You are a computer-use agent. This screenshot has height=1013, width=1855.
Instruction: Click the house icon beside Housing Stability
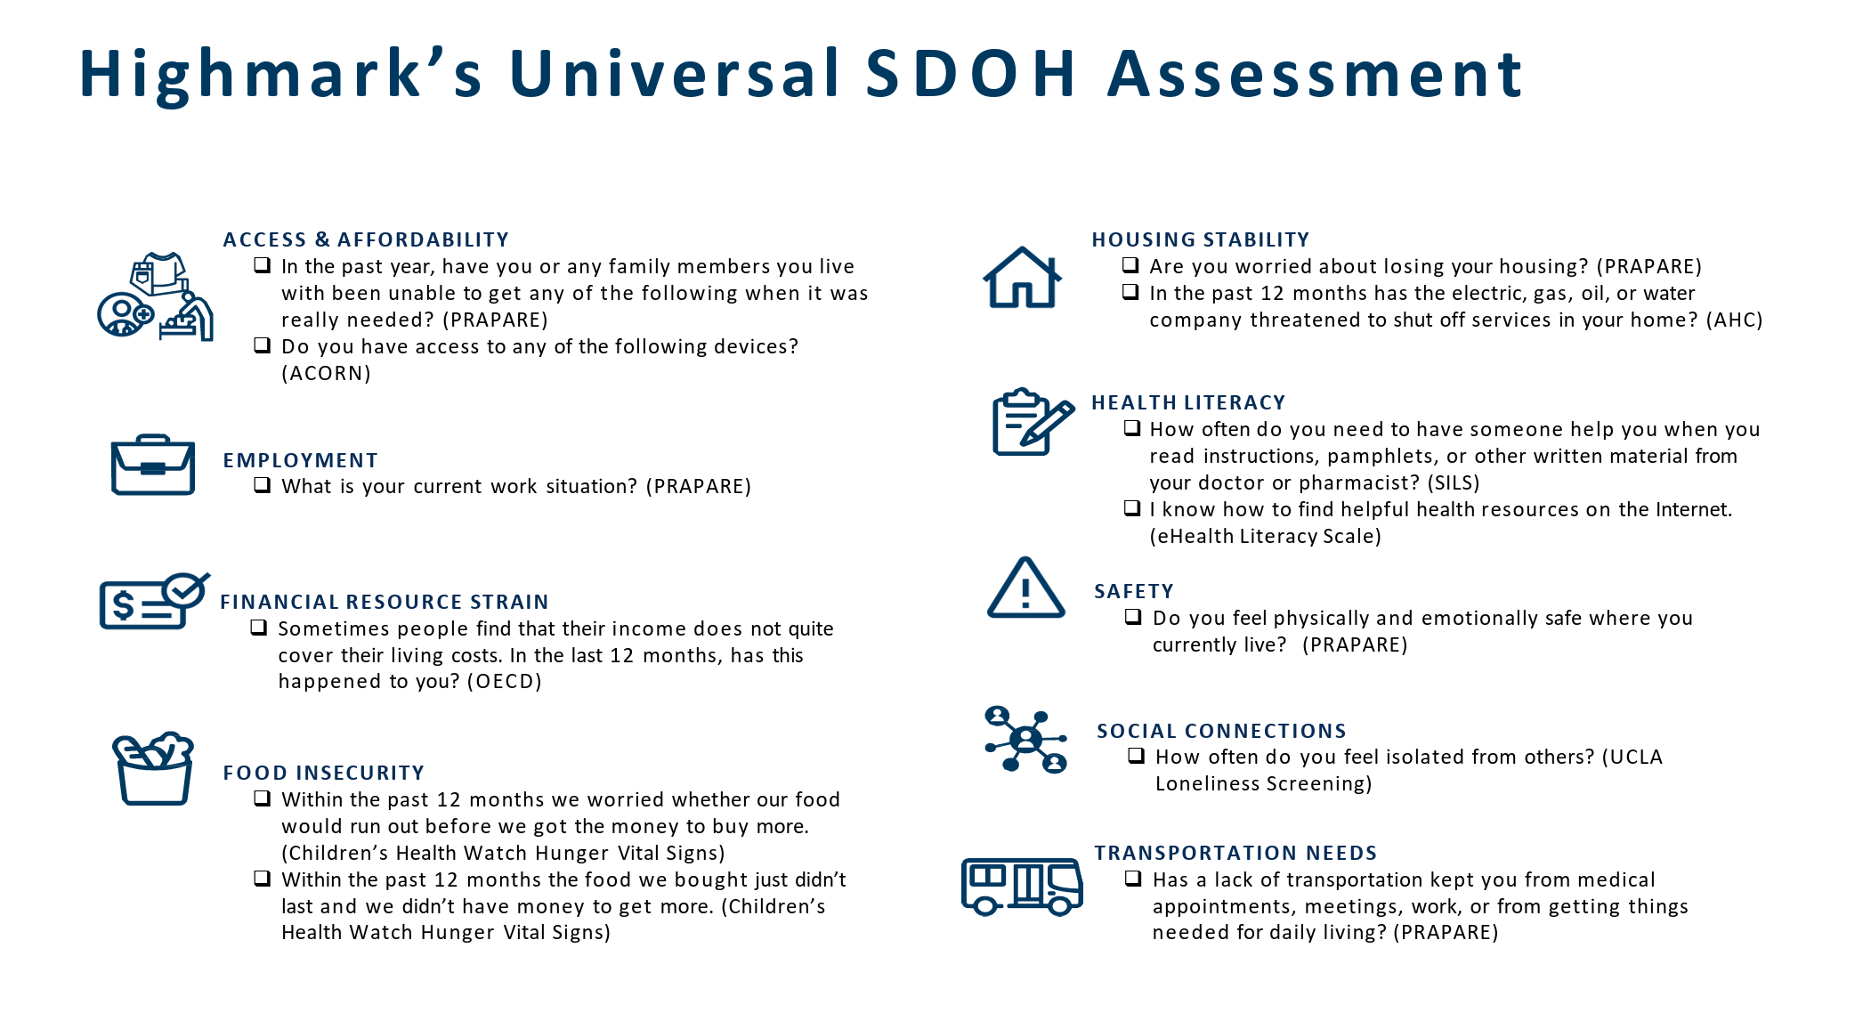click(1022, 278)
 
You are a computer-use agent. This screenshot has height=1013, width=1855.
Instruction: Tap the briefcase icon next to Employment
click(153, 465)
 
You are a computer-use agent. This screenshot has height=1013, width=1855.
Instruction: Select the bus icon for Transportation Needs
click(1022, 887)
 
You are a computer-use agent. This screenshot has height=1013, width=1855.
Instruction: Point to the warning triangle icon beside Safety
click(1025, 588)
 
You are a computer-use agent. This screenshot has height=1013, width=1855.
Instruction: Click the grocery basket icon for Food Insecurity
click(153, 769)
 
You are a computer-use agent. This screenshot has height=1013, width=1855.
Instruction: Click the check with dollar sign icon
click(154, 602)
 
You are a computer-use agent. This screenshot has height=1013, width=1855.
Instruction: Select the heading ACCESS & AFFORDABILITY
click(366, 239)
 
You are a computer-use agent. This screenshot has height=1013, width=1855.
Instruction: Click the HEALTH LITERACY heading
click(1188, 402)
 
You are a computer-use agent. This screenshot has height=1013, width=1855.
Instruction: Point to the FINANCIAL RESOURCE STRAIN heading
click(385, 602)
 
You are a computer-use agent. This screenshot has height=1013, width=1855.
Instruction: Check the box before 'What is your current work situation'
click(262, 485)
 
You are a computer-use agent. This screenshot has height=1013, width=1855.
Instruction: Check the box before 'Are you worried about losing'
click(1130, 264)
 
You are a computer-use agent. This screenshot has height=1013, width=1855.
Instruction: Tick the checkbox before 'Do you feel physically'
click(1133, 616)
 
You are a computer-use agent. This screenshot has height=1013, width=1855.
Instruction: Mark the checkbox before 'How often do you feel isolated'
click(1136, 755)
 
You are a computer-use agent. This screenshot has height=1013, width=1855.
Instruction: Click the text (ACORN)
click(326, 373)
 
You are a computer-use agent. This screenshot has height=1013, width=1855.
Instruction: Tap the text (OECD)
click(504, 681)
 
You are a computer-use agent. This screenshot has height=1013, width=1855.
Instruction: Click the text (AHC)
click(1734, 320)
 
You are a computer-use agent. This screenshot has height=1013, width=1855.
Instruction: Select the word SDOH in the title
click(971, 73)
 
